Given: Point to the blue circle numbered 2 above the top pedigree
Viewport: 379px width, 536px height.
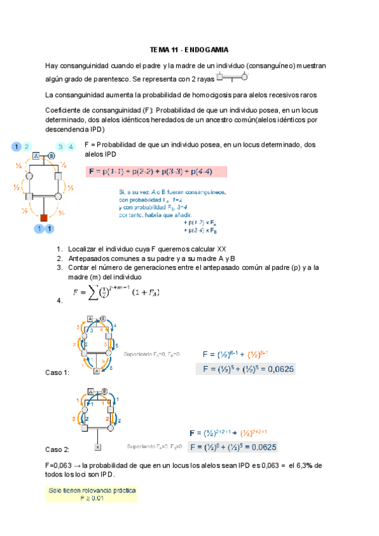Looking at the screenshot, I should click(27, 147).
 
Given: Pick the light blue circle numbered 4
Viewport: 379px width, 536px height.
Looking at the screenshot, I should click(71, 147).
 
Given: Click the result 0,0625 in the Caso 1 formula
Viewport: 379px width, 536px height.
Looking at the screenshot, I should click(279, 370).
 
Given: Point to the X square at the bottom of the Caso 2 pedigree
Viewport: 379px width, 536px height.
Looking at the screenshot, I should click(98, 447).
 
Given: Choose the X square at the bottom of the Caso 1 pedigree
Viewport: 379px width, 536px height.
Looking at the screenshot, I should click(96, 372).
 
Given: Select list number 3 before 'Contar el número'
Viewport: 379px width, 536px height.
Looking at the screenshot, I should click(59, 267).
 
